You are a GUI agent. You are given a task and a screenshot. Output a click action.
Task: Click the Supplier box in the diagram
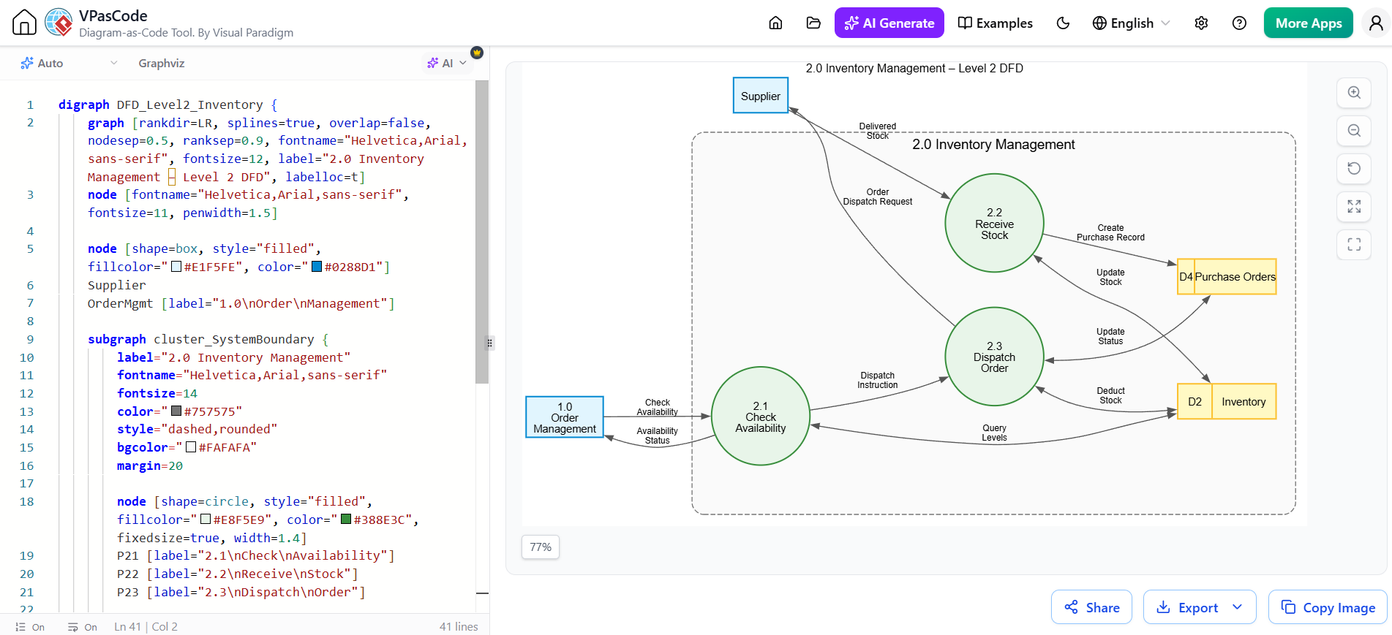[x=761, y=96]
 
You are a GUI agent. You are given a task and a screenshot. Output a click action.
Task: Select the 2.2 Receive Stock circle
[x=994, y=223]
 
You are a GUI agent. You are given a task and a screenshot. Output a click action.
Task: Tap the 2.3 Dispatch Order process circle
[x=994, y=357]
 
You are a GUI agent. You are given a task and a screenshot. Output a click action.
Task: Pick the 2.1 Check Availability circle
[x=761, y=416]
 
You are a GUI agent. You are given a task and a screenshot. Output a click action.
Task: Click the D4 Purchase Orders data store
[x=1227, y=277]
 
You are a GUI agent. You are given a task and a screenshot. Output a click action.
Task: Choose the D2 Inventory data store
[x=1227, y=401]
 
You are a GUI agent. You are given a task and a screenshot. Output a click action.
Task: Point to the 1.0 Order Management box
[x=565, y=417]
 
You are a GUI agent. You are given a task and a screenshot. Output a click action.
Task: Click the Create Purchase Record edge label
[x=1110, y=232]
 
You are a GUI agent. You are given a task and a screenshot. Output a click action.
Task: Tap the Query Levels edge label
[x=994, y=433]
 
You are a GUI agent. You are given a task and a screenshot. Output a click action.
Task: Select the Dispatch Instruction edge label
[x=877, y=380]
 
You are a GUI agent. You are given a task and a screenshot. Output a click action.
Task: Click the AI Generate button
[x=889, y=23]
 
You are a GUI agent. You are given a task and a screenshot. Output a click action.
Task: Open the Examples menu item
[x=996, y=23]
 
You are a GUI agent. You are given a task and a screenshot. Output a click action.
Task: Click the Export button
[x=1200, y=607]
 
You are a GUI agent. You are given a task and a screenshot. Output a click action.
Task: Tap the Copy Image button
[x=1328, y=607]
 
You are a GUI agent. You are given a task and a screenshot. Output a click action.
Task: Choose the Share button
[x=1091, y=607]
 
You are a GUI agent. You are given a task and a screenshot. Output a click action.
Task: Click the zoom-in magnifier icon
[x=1354, y=93]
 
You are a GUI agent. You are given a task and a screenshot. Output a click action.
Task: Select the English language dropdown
[x=1131, y=23]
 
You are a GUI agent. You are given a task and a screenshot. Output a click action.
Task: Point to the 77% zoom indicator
[x=541, y=547]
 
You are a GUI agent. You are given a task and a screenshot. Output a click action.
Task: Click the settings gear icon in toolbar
[x=1201, y=23]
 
